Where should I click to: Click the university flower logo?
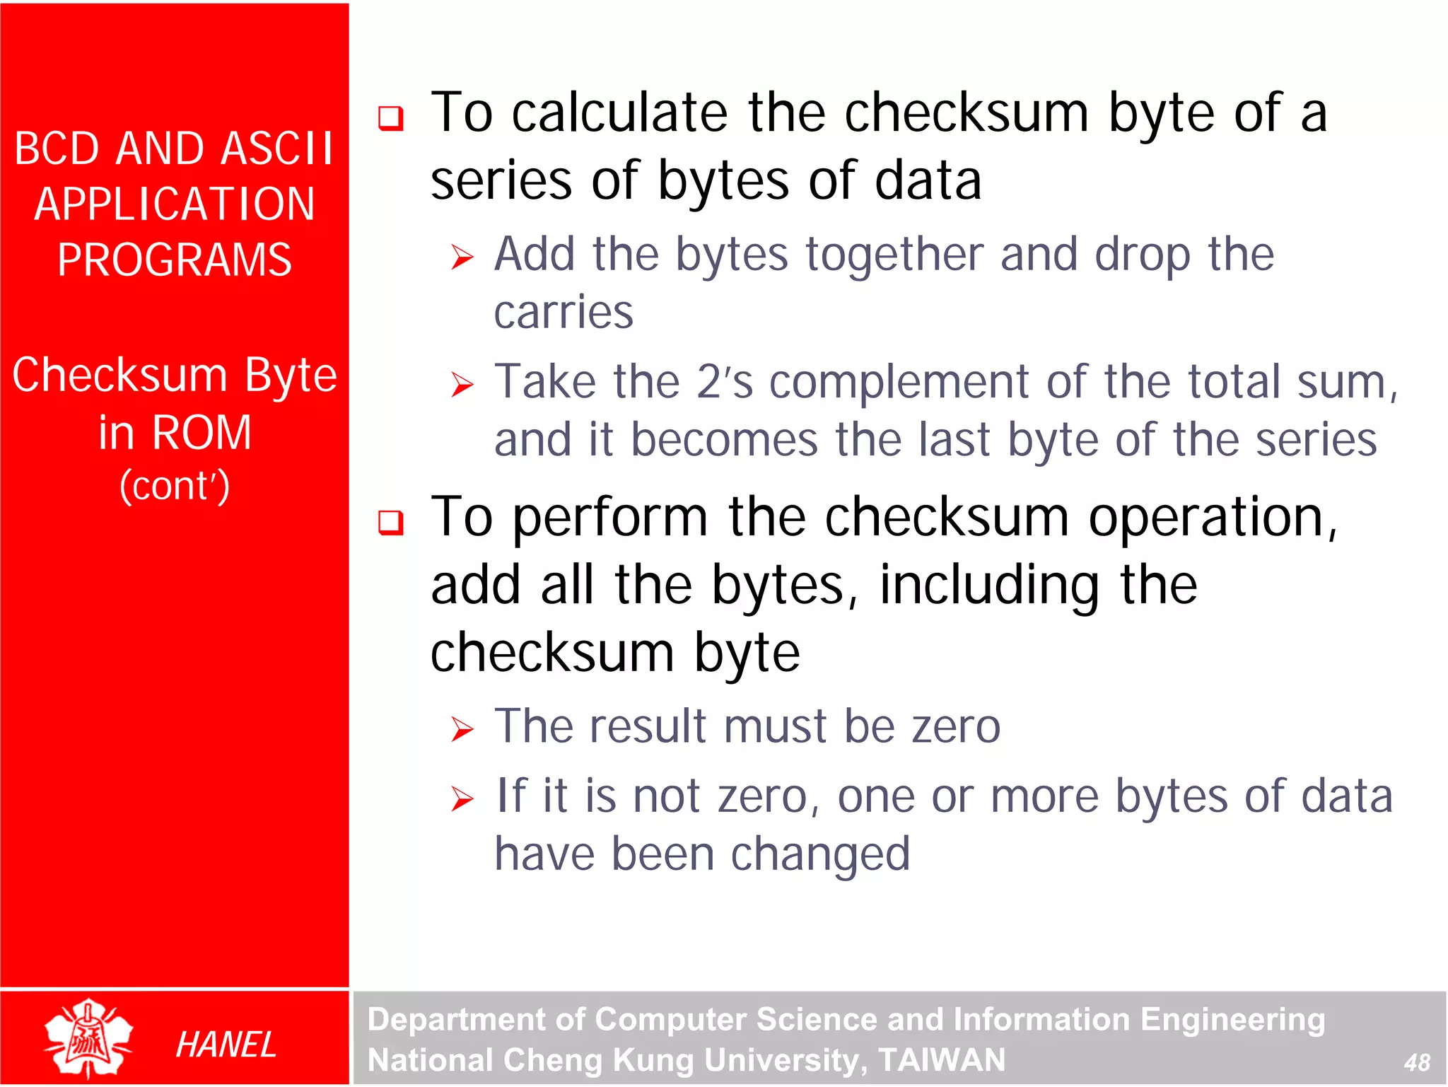[x=88, y=1038]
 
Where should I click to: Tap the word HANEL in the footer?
[x=226, y=1045]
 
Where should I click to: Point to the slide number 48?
[x=1417, y=1062]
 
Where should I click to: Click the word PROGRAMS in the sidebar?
[x=175, y=260]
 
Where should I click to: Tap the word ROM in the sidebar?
[x=202, y=432]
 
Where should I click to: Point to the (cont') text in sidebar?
[x=175, y=486]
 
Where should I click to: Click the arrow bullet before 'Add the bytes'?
[x=462, y=257]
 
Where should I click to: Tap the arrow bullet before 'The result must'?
[x=462, y=729]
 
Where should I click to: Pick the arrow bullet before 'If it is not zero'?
[x=462, y=799]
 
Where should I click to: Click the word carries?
[x=564, y=313]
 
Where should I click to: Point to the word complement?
[x=898, y=383]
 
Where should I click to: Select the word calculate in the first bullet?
[x=619, y=113]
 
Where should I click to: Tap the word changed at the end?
[x=820, y=854]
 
